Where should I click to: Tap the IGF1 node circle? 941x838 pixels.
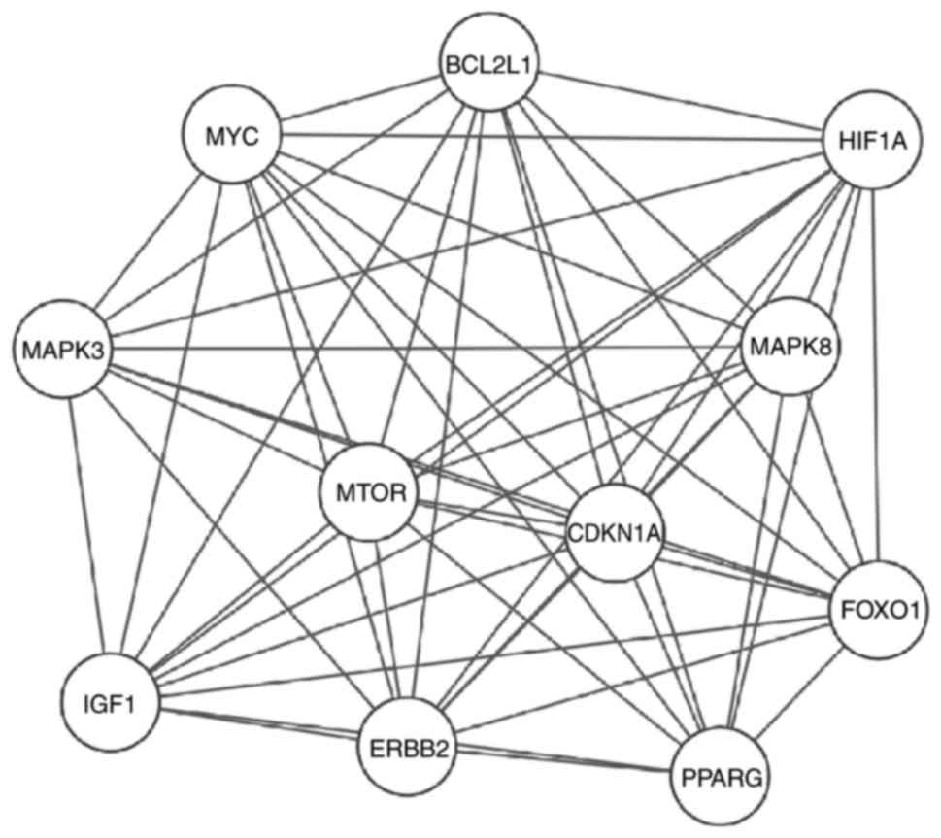[x=107, y=699]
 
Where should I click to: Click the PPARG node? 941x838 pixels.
[x=720, y=778]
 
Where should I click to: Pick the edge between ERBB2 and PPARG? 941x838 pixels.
[x=563, y=762]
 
